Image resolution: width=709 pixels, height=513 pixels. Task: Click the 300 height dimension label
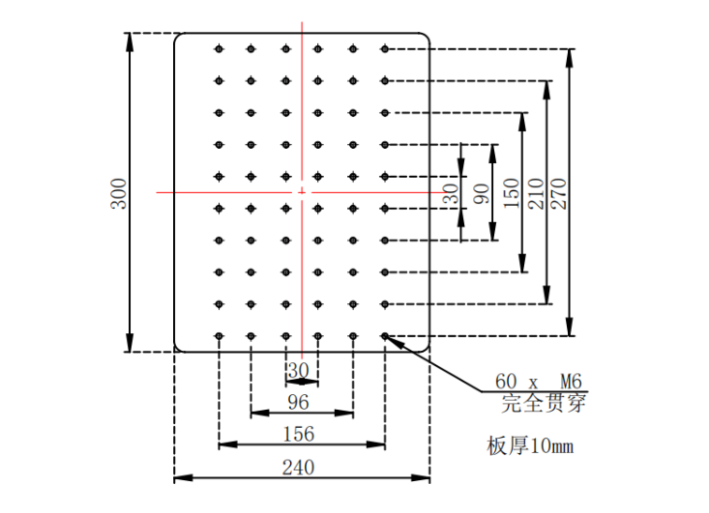118,191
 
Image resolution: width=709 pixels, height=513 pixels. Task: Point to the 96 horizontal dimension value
299,402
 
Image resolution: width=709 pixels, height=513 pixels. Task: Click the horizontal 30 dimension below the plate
298,370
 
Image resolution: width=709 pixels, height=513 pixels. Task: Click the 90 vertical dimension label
481,192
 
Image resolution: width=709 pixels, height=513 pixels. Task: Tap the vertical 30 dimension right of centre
451,193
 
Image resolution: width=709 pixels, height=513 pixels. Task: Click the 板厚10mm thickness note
530,445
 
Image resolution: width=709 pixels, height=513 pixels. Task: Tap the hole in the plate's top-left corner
220,48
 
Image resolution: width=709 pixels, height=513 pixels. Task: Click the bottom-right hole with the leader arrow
385,336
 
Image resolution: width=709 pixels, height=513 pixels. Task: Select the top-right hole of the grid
385,48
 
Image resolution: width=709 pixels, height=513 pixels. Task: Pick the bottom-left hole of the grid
220,336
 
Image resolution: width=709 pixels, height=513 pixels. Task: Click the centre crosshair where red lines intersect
303,192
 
